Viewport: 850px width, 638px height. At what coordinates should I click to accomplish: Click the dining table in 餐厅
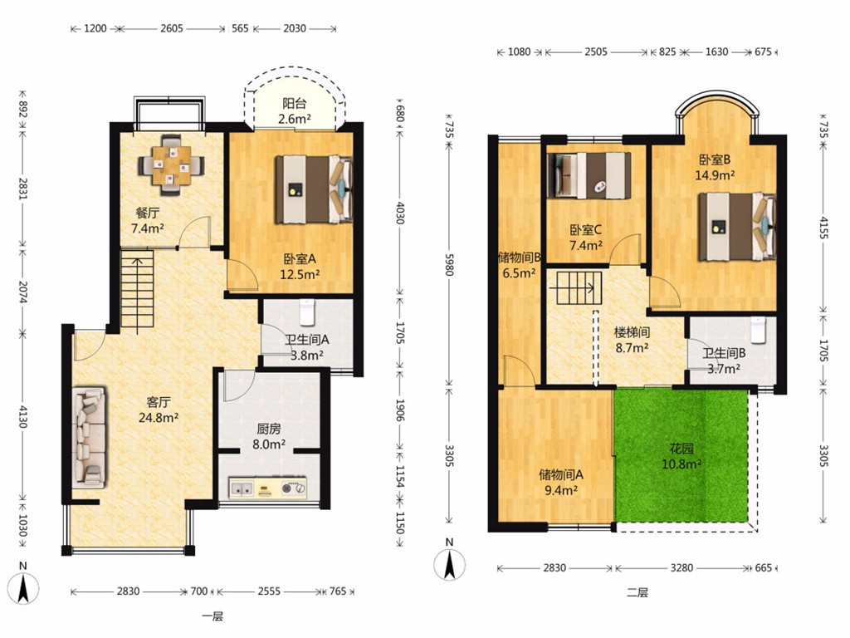pos(171,164)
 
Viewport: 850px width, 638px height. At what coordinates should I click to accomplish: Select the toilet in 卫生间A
pos(307,312)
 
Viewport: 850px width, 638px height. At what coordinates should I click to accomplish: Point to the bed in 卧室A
pos(314,190)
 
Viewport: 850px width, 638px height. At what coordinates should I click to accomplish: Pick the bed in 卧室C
pos(589,174)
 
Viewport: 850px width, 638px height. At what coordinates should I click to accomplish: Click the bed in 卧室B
pos(737,226)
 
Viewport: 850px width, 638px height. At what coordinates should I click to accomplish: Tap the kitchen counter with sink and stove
pos(268,488)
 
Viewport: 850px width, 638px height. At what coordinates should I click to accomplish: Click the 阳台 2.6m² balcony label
pos(295,110)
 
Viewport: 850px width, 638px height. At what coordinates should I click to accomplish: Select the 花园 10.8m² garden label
pos(681,456)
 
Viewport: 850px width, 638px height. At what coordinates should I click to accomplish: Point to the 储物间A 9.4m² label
pos(560,483)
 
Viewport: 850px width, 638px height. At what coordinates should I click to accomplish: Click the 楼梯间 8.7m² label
pos(632,340)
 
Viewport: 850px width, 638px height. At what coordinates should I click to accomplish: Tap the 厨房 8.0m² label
pos(269,436)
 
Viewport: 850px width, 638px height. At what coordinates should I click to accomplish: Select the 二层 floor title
pos(637,592)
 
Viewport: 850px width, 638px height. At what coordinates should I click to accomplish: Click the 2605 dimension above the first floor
pos(171,28)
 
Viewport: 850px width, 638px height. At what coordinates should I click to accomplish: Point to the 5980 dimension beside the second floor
pos(449,264)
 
